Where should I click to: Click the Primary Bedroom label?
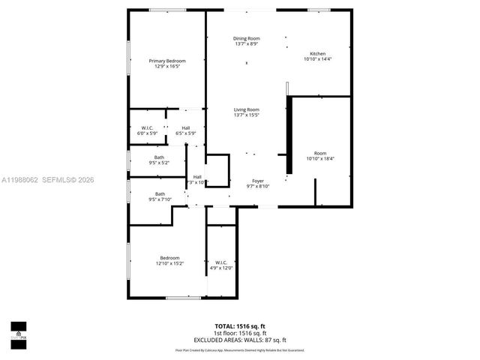pyautogui.click(x=166, y=61)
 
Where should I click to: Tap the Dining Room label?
pyautogui.click(x=246, y=38)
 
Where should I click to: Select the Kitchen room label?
pyautogui.click(x=318, y=53)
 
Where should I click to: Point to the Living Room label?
pyautogui.click(x=246, y=109)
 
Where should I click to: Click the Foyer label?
pyautogui.click(x=257, y=181)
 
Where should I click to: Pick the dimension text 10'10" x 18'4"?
pyautogui.click(x=320, y=159)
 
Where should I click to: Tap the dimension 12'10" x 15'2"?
pyautogui.click(x=169, y=263)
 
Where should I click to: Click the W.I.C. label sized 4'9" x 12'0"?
pyautogui.click(x=221, y=262)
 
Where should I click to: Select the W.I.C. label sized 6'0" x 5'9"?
pyautogui.click(x=147, y=127)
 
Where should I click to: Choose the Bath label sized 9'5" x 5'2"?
pyautogui.click(x=159, y=157)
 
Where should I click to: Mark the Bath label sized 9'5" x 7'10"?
pyautogui.click(x=160, y=194)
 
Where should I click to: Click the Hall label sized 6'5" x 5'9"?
pyautogui.click(x=185, y=127)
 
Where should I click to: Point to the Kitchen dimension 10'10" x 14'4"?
pyautogui.click(x=318, y=58)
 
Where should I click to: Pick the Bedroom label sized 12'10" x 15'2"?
pyautogui.click(x=169, y=258)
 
